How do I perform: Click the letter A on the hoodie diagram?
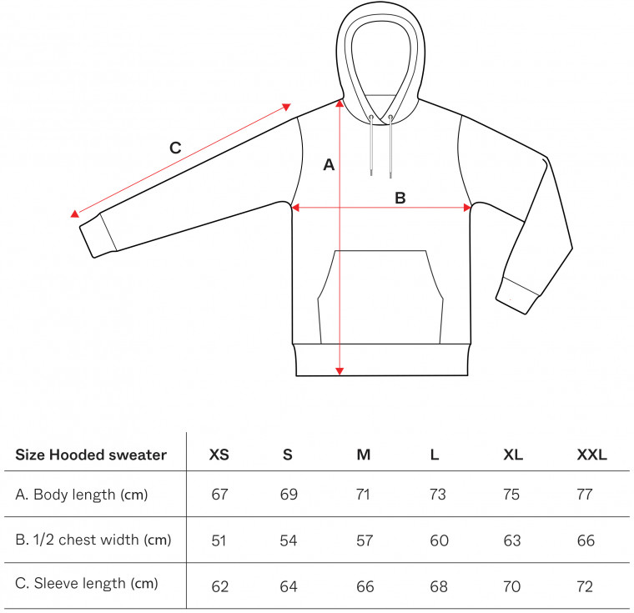click(x=329, y=164)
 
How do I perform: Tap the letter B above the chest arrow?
click(x=400, y=198)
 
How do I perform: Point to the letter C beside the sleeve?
click(x=175, y=148)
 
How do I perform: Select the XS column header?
click(x=219, y=455)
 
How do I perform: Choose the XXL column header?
click(x=591, y=455)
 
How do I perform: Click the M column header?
click(x=363, y=455)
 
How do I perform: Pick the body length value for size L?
click(x=437, y=494)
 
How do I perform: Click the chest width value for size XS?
click(x=219, y=540)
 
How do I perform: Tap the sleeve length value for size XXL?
click(x=585, y=586)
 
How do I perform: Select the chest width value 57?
click(x=365, y=540)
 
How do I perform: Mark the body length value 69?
click(x=289, y=494)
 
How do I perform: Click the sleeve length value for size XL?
click(x=511, y=586)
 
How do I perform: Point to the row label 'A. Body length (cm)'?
click(x=82, y=495)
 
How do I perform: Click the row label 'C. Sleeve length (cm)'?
click(x=87, y=584)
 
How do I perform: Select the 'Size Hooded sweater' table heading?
click(x=91, y=455)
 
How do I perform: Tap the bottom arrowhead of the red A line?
click(x=340, y=371)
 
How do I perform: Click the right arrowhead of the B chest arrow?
click(x=467, y=208)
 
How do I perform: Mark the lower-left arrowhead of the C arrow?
click(x=75, y=214)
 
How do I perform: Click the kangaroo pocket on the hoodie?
click(x=380, y=297)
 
